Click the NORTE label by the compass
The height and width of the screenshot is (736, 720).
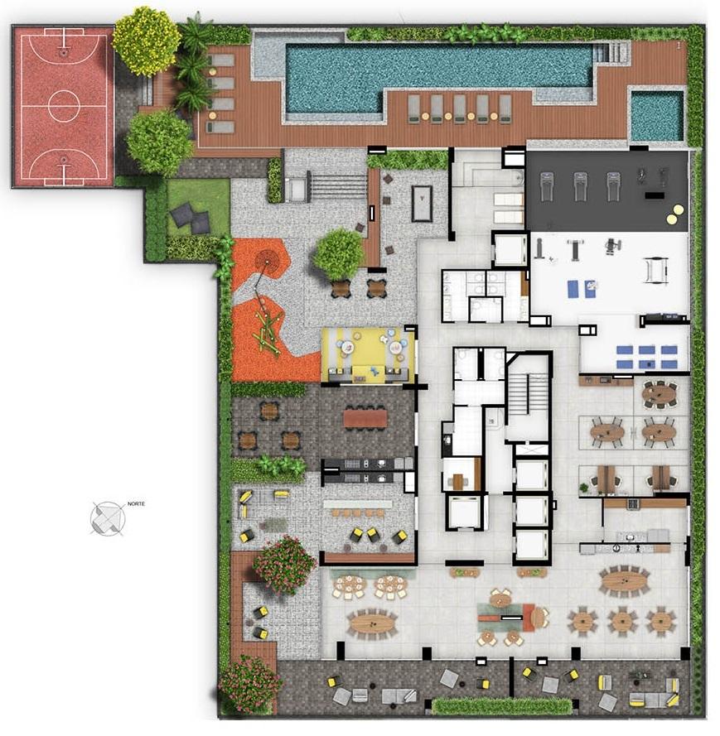(136, 503)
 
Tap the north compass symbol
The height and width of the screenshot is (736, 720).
(108, 518)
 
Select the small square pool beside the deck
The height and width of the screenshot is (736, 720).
(656, 115)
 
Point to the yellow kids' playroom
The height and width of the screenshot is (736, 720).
(368, 355)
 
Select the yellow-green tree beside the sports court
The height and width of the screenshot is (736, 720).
(146, 41)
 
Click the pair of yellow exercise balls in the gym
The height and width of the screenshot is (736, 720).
(675, 214)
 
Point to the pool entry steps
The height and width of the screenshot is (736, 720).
(611, 51)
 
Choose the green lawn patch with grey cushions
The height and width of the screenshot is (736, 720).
(198, 208)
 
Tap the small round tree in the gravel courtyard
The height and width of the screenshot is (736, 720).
(338, 254)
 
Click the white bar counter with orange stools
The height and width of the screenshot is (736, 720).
(357, 503)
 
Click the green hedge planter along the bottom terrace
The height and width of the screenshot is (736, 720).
(501, 706)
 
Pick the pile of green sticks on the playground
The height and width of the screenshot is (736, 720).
(267, 332)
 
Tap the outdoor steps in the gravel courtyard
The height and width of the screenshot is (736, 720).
(338, 186)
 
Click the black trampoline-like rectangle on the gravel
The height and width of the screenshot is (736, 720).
(422, 203)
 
